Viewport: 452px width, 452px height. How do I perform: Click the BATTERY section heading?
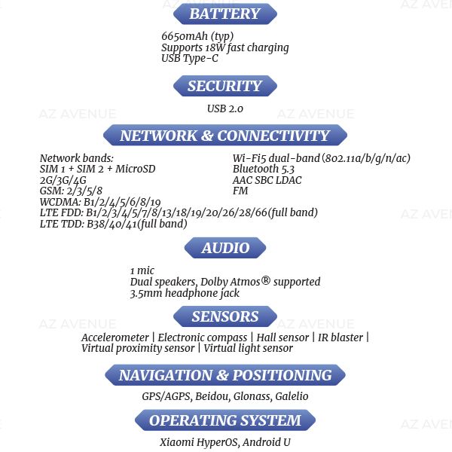point(224,14)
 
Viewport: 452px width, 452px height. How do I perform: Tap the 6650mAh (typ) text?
point(197,36)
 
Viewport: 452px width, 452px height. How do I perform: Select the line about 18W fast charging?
point(224,47)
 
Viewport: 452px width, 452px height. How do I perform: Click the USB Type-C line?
point(190,58)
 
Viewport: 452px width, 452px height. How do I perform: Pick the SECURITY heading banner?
point(224,86)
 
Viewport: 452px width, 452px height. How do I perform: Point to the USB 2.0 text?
point(225,108)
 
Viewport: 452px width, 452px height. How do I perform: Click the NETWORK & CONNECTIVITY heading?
point(224,136)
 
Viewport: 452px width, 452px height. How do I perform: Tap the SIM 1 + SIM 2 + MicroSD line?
point(97,169)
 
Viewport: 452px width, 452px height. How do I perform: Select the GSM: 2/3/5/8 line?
point(71,191)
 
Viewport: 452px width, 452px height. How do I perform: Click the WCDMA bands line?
point(100,202)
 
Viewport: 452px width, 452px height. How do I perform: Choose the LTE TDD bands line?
point(113,224)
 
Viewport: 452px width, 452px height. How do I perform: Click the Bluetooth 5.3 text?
point(264,169)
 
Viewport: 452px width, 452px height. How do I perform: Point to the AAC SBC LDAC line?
point(267,180)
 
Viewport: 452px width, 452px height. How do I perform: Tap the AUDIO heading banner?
point(225,248)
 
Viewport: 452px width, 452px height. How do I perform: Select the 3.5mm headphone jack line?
point(185,293)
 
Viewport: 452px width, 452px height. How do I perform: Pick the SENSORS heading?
point(224,316)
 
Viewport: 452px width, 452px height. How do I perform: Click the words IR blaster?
point(341,337)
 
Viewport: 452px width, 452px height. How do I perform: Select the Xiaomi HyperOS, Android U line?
point(224,442)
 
